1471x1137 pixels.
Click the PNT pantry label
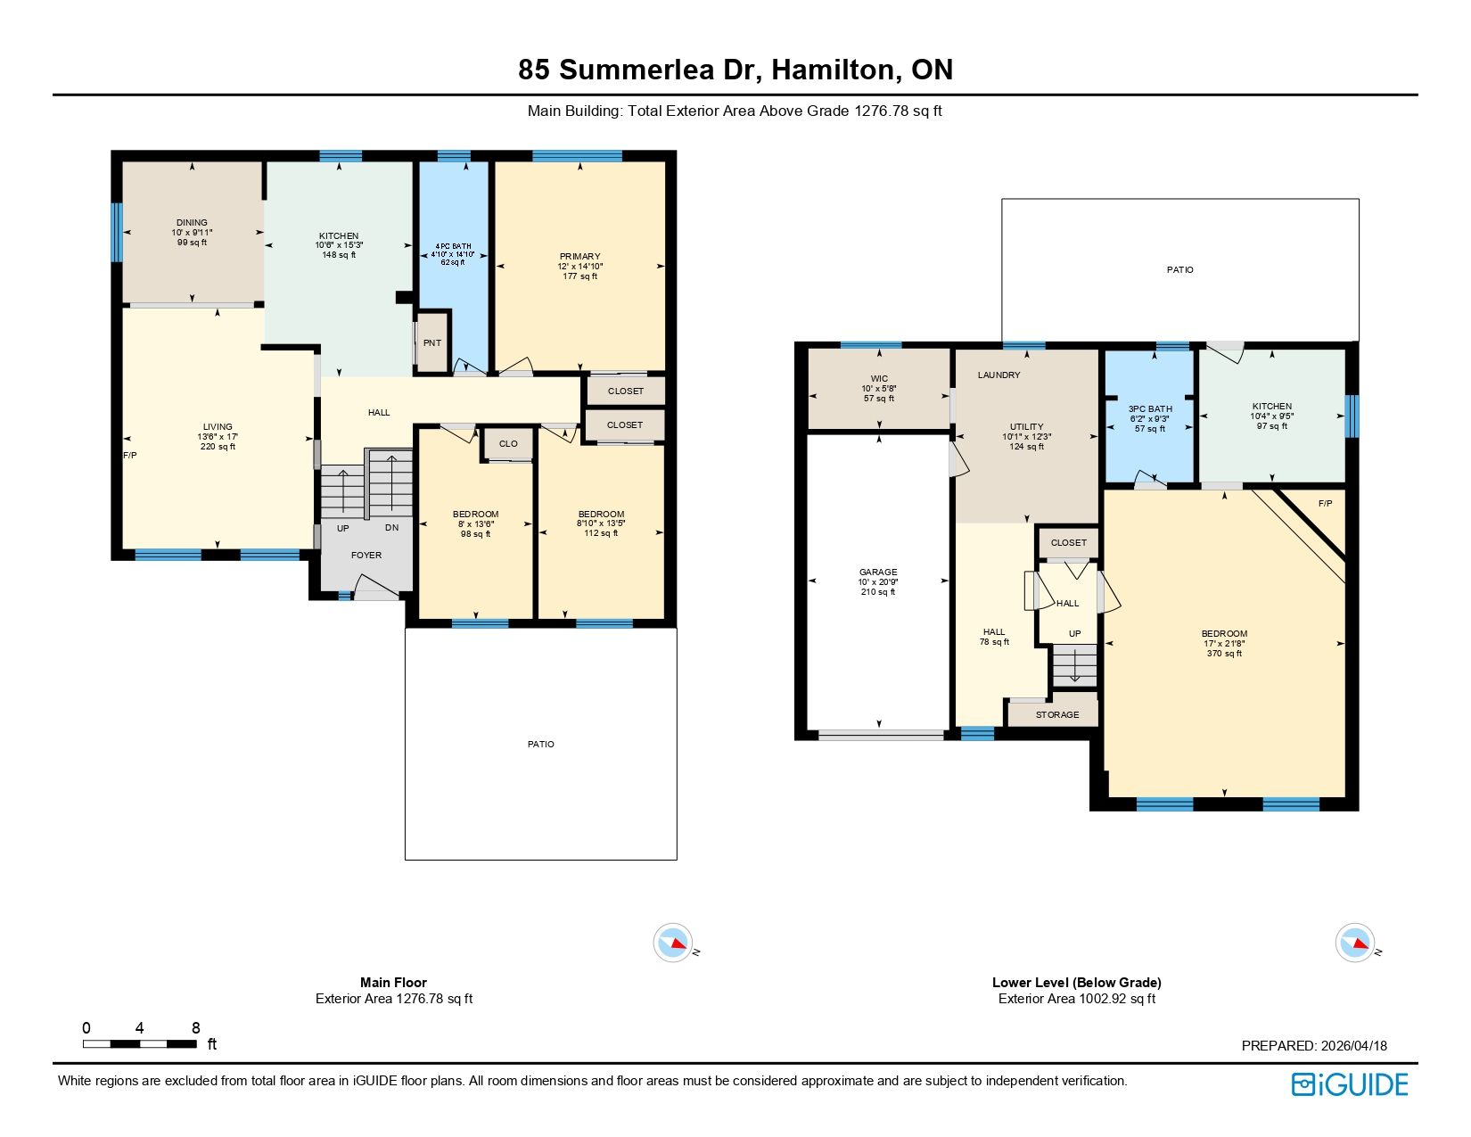coord(431,342)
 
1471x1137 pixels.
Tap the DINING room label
coord(192,222)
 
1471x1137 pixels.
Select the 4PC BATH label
coord(453,246)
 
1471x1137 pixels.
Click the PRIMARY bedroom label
coord(579,256)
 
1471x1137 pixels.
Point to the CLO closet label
coord(507,443)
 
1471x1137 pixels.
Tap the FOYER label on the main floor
coord(366,555)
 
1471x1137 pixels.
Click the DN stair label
coord(392,527)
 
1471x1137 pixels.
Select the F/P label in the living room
coord(130,455)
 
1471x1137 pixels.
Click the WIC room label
coord(879,378)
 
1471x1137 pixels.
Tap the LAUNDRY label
coord(998,375)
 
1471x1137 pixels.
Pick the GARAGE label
coord(878,572)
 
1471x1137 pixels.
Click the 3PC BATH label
coord(1149,408)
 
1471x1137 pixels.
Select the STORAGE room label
coord(1056,714)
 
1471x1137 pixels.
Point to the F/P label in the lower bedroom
coord(1325,503)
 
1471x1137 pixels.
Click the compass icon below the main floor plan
coord(673,942)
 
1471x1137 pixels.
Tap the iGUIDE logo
coord(1349,1084)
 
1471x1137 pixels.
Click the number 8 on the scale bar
coord(195,1027)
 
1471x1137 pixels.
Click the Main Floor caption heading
coord(393,982)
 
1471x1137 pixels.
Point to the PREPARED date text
coord(1314,1045)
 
